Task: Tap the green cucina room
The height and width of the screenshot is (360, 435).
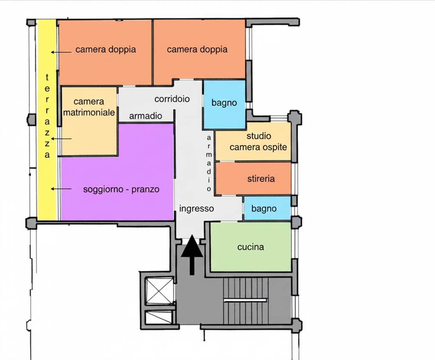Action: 251,247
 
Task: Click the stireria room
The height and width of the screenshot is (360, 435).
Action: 253,178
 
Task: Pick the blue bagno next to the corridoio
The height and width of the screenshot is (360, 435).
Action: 224,104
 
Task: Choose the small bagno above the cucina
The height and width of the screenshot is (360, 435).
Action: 267,208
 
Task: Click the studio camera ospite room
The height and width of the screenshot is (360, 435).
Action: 253,141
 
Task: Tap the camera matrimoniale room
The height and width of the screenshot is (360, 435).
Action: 89,121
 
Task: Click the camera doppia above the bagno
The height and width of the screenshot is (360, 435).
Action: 199,50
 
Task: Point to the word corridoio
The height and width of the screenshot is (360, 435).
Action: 172,99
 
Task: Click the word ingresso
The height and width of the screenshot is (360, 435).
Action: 196,208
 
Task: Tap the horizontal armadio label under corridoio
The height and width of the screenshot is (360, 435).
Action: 146,115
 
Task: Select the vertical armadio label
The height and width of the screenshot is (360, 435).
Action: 209,163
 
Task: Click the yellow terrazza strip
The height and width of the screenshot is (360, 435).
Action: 47,120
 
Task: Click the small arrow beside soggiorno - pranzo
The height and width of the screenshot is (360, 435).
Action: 61,189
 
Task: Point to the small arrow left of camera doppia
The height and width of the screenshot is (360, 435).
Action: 61,52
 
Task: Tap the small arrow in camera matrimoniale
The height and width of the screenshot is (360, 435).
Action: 61,139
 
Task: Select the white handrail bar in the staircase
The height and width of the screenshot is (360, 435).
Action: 245,300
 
